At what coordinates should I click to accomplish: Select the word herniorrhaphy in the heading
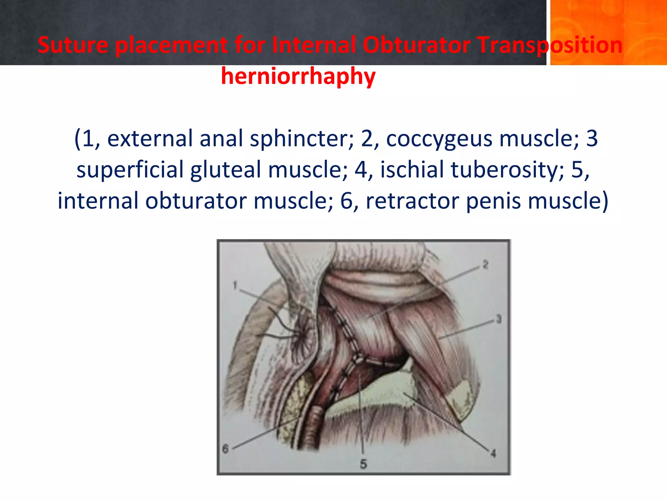point(298,76)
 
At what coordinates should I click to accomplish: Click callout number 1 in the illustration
point(235,285)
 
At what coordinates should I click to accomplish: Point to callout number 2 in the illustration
point(485,265)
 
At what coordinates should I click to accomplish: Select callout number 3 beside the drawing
point(499,319)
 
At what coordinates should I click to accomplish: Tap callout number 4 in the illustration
point(493,453)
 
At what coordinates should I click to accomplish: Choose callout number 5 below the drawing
point(363,464)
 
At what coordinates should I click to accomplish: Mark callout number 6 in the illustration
point(225,449)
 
